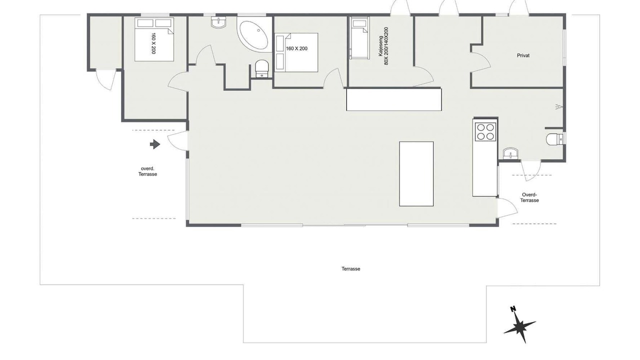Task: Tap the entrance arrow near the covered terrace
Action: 155,144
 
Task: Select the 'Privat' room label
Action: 523,55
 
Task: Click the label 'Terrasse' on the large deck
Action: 350,268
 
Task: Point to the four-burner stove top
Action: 485,131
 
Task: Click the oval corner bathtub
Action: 253,35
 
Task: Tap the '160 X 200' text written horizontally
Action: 296,48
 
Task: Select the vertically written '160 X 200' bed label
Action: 153,43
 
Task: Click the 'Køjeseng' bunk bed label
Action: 380,45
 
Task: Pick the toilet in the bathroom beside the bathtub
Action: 261,68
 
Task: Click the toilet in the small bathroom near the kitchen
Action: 554,139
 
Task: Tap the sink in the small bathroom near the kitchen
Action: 510,153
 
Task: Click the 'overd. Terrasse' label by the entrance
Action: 147,171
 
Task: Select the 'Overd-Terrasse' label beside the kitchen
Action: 529,197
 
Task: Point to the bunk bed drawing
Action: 359,38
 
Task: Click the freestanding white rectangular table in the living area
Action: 416,173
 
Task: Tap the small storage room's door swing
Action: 105,79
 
